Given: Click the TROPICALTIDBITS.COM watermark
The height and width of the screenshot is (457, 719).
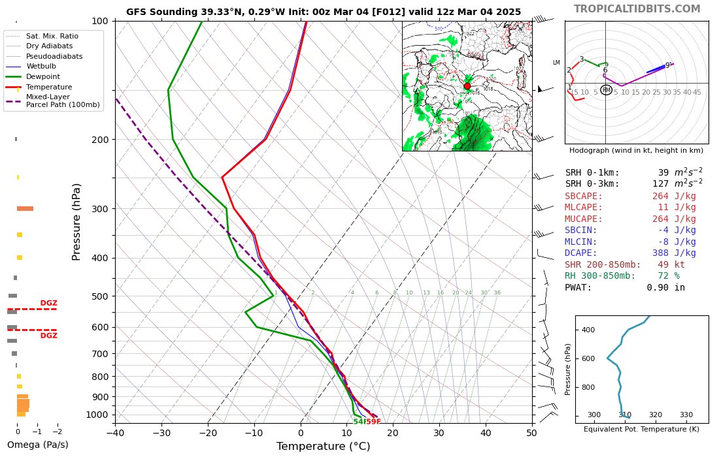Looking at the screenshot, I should (637, 8).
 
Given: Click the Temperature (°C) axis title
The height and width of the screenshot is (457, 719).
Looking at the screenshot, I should (323, 447).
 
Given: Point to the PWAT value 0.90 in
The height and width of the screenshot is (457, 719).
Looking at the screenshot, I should (665, 287).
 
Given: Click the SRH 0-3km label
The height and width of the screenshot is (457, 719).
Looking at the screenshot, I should (592, 184).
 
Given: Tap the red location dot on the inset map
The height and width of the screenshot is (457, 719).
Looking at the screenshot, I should (467, 86).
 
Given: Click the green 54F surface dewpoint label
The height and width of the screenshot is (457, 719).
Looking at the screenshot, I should (359, 422).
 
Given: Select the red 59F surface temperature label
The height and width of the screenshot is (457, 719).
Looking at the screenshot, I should (373, 422).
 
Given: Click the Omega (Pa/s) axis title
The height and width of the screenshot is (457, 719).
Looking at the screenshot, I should (37, 445).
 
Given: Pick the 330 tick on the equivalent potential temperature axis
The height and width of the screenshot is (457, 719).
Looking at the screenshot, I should (686, 415).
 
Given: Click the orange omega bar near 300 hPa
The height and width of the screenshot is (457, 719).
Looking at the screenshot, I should (25, 208).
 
